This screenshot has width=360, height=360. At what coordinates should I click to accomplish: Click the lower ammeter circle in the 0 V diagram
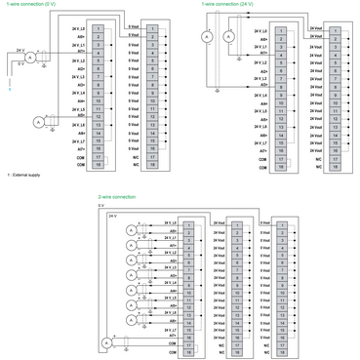pyautogui.click(x=39, y=122)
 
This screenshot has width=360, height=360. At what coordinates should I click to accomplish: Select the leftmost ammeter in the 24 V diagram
pyautogui.click(x=207, y=36)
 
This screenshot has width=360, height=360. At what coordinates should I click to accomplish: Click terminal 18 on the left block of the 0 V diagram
pyautogui.click(x=100, y=165)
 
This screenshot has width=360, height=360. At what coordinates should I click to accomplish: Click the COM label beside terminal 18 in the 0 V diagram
pyautogui.click(x=81, y=165)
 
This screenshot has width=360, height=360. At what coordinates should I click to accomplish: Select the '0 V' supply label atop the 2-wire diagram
pyautogui.click(x=100, y=206)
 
